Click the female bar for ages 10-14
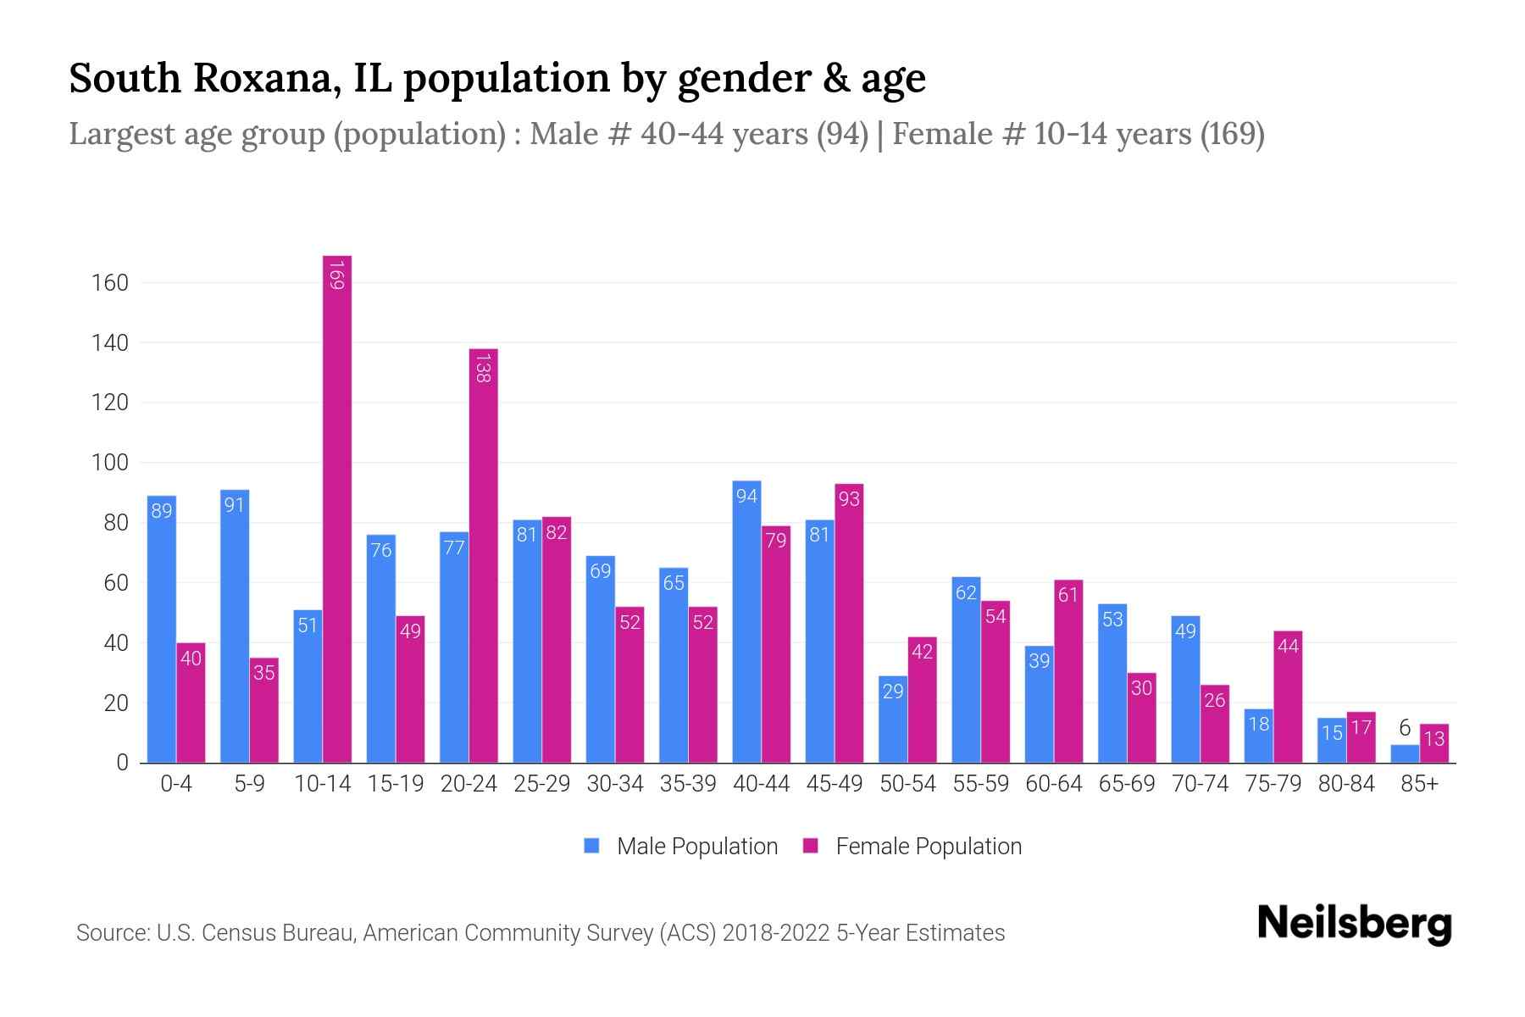pyautogui.click(x=337, y=508)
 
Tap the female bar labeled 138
pyautogui.click(x=483, y=555)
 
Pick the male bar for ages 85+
pyautogui.click(x=1405, y=753)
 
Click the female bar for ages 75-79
pyautogui.click(x=1288, y=697)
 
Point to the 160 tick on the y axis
pyautogui.click(x=110, y=283)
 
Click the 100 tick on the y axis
pyautogui.click(x=110, y=463)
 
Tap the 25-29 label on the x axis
pyautogui.click(x=541, y=784)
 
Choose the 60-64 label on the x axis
pyautogui.click(x=1053, y=784)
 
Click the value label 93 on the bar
pyautogui.click(x=849, y=499)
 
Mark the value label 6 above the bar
pyautogui.click(x=1405, y=727)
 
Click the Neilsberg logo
pyautogui.click(x=1354, y=924)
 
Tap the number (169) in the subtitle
pyautogui.click(x=1233, y=134)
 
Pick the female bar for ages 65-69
pyautogui.click(x=1141, y=717)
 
